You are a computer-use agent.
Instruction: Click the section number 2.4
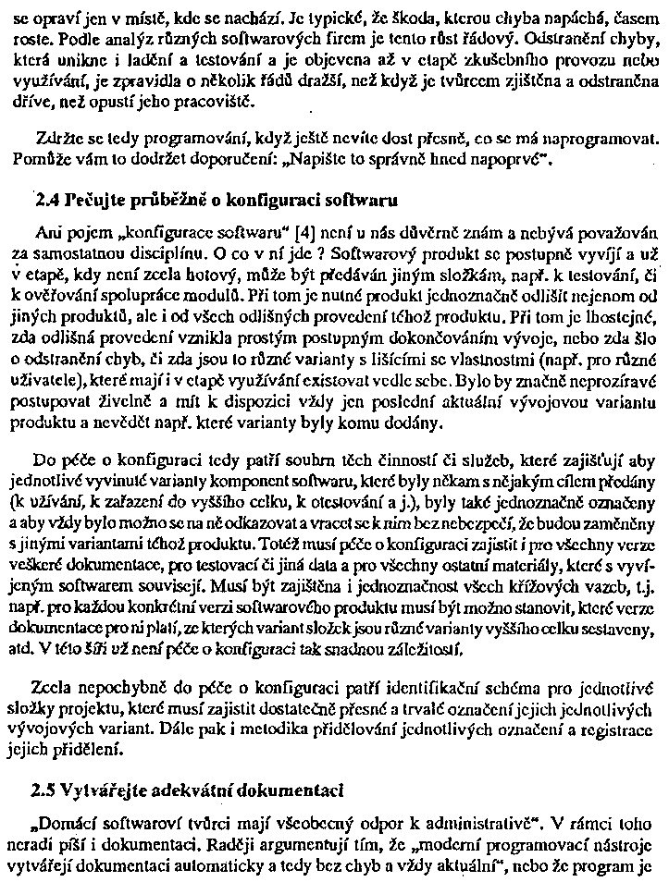44,199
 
